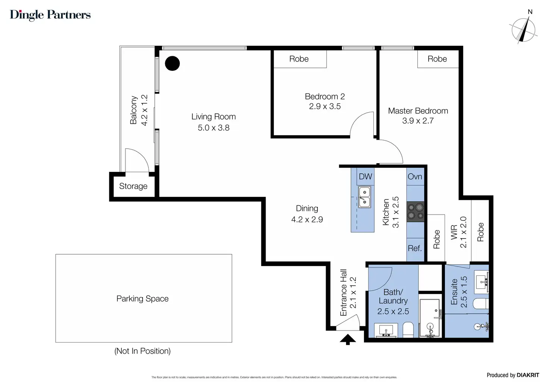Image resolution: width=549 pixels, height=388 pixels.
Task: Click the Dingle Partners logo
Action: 50,15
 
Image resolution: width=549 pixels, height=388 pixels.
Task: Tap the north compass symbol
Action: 523,30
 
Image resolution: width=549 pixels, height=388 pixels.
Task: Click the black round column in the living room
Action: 172,63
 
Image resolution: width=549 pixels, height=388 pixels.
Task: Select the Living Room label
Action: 213,117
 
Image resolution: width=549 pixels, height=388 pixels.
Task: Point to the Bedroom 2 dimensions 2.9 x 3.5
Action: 325,106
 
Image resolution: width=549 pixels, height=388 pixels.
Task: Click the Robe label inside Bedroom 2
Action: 299,59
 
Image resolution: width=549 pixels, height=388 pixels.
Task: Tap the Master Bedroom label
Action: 418,111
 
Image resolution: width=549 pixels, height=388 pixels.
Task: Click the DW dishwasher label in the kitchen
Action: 365,176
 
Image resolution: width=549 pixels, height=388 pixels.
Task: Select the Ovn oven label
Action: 415,176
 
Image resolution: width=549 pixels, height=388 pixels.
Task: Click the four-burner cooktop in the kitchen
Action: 415,211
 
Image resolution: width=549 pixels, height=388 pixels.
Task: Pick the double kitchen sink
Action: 364,197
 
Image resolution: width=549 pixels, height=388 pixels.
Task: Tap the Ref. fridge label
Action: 415,248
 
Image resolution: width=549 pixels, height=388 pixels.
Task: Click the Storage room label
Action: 133,186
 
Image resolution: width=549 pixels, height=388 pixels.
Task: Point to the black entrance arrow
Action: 348,340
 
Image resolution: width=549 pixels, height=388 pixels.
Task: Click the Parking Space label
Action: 142,299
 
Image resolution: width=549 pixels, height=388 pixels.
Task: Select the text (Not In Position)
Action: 142,351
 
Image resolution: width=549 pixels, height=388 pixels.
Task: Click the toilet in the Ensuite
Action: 481,304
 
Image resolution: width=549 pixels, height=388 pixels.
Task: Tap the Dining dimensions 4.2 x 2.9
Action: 307,220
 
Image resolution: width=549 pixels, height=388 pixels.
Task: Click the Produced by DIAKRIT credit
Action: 513,375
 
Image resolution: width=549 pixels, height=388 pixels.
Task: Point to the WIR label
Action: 454,232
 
